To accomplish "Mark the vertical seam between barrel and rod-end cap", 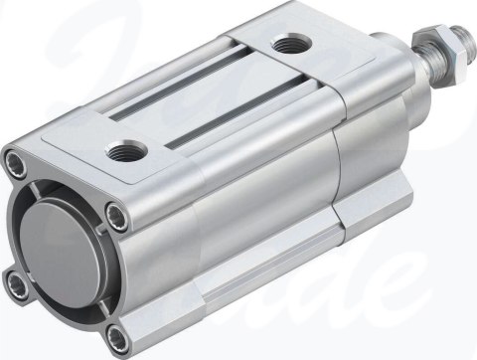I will tap(332, 169).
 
